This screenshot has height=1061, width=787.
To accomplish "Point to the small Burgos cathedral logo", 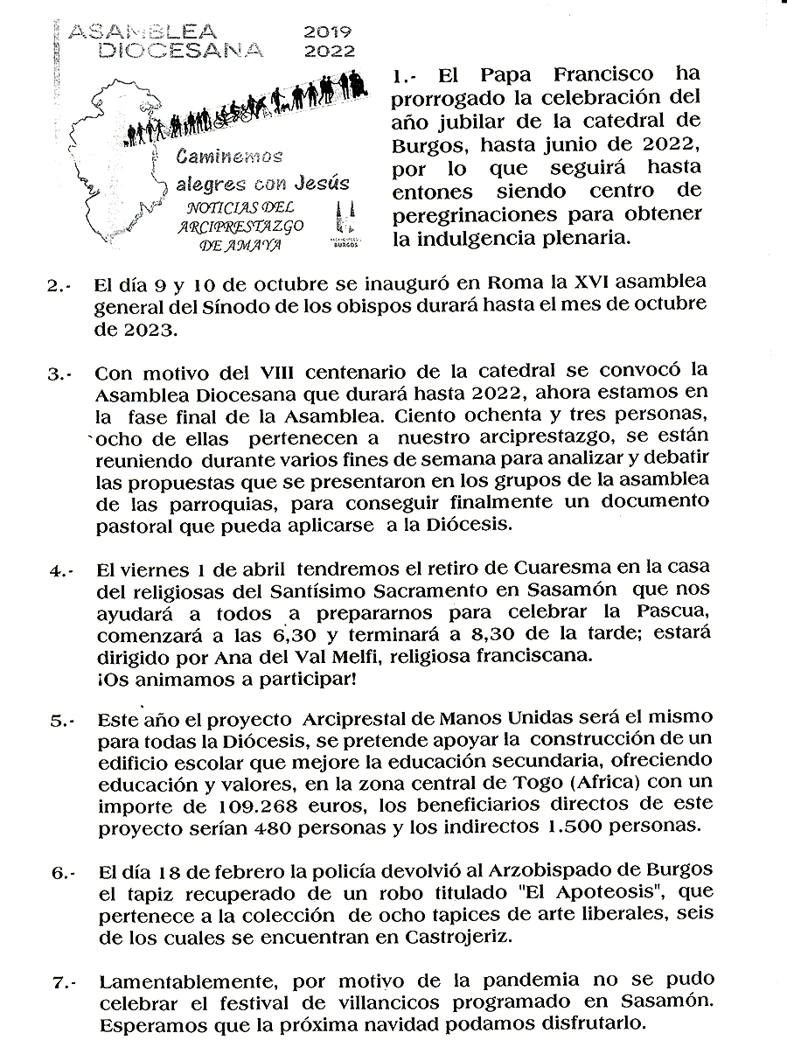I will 344,225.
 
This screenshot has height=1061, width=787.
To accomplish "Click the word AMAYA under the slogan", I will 254,246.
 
